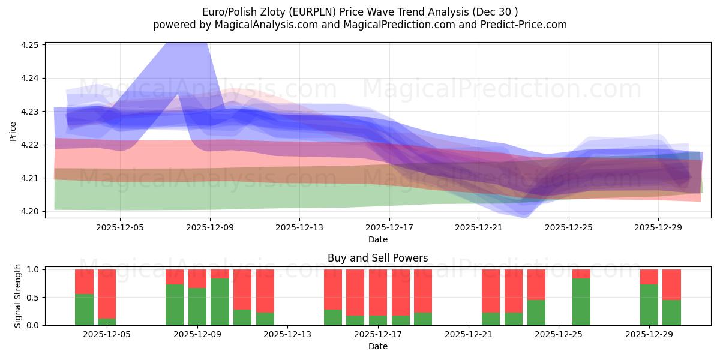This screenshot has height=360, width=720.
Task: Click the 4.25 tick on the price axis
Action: click(x=30, y=45)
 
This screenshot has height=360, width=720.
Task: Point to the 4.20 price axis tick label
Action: click(x=30, y=211)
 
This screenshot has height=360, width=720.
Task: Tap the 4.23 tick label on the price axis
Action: click(x=30, y=112)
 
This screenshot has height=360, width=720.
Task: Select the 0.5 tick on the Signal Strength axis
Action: click(x=33, y=298)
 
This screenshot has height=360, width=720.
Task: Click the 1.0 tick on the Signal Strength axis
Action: click(x=33, y=270)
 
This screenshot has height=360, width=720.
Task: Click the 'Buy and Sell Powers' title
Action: click(x=378, y=259)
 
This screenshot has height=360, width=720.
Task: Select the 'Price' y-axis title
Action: click(x=13, y=131)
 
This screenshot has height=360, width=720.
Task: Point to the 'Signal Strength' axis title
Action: click(x=18, y=296)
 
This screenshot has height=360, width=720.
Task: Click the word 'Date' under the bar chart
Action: click(x=378, y=346)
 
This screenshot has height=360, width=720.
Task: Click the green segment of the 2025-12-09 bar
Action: click(x=197, y=307)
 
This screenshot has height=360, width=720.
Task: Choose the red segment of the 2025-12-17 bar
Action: click(x=378, y=292)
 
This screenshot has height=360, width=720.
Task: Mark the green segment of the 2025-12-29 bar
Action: click(x=649, y=305)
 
